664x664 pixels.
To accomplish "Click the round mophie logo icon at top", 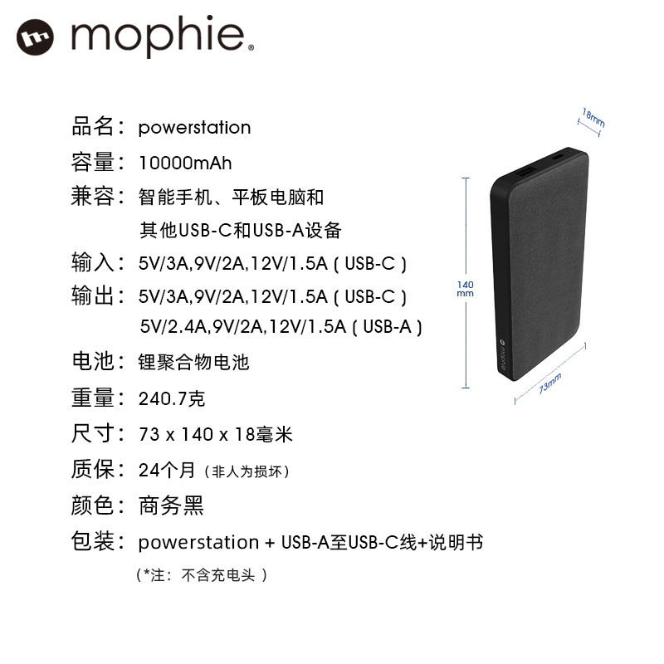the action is (x=35, y=37).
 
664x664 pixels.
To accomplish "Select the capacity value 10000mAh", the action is (x=185, y=162).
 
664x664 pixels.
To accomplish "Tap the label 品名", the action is (x=92, y=127).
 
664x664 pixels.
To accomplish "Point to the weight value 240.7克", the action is (x=172, y=399).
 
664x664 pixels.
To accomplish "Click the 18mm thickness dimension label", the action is (x=593, y=116).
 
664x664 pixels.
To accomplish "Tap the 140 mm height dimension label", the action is (x=465, y=289).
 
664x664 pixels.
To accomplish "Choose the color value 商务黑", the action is (x=171, y=505).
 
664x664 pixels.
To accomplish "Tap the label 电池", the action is (x=92, y=362).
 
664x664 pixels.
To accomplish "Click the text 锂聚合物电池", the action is (x=193, y=363).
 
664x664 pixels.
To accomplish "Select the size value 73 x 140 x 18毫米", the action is (x=216, y=435).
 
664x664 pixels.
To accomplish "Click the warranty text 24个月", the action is (x=167, y=471).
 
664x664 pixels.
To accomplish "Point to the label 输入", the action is (x=92, y=263).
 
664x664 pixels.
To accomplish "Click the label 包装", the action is (x=92, y=542).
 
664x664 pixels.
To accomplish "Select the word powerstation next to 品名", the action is (x=194, y=128).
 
